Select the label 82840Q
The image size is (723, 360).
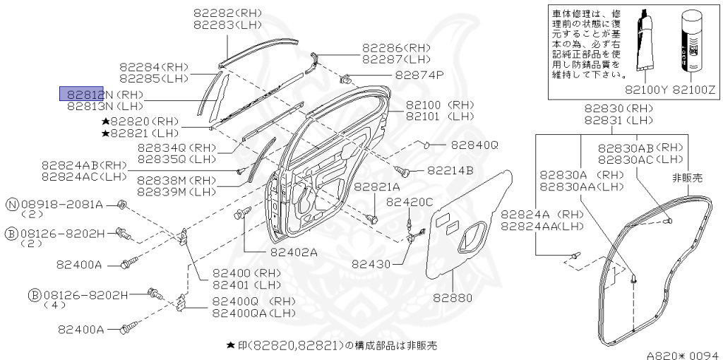(x=474, y=145)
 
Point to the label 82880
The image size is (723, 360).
(x=452, y=297)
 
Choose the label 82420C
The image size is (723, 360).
(x=410, y=202)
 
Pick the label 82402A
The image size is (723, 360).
(x=294, y=251)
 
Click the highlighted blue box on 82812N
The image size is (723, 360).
(x=81, y=94)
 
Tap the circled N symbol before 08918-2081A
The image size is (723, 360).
(x=12, y=204)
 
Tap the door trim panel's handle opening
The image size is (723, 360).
(x=471, y=236)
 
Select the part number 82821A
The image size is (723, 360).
(x=376, y=187)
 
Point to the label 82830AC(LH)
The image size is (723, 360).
(x=641, y=160)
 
